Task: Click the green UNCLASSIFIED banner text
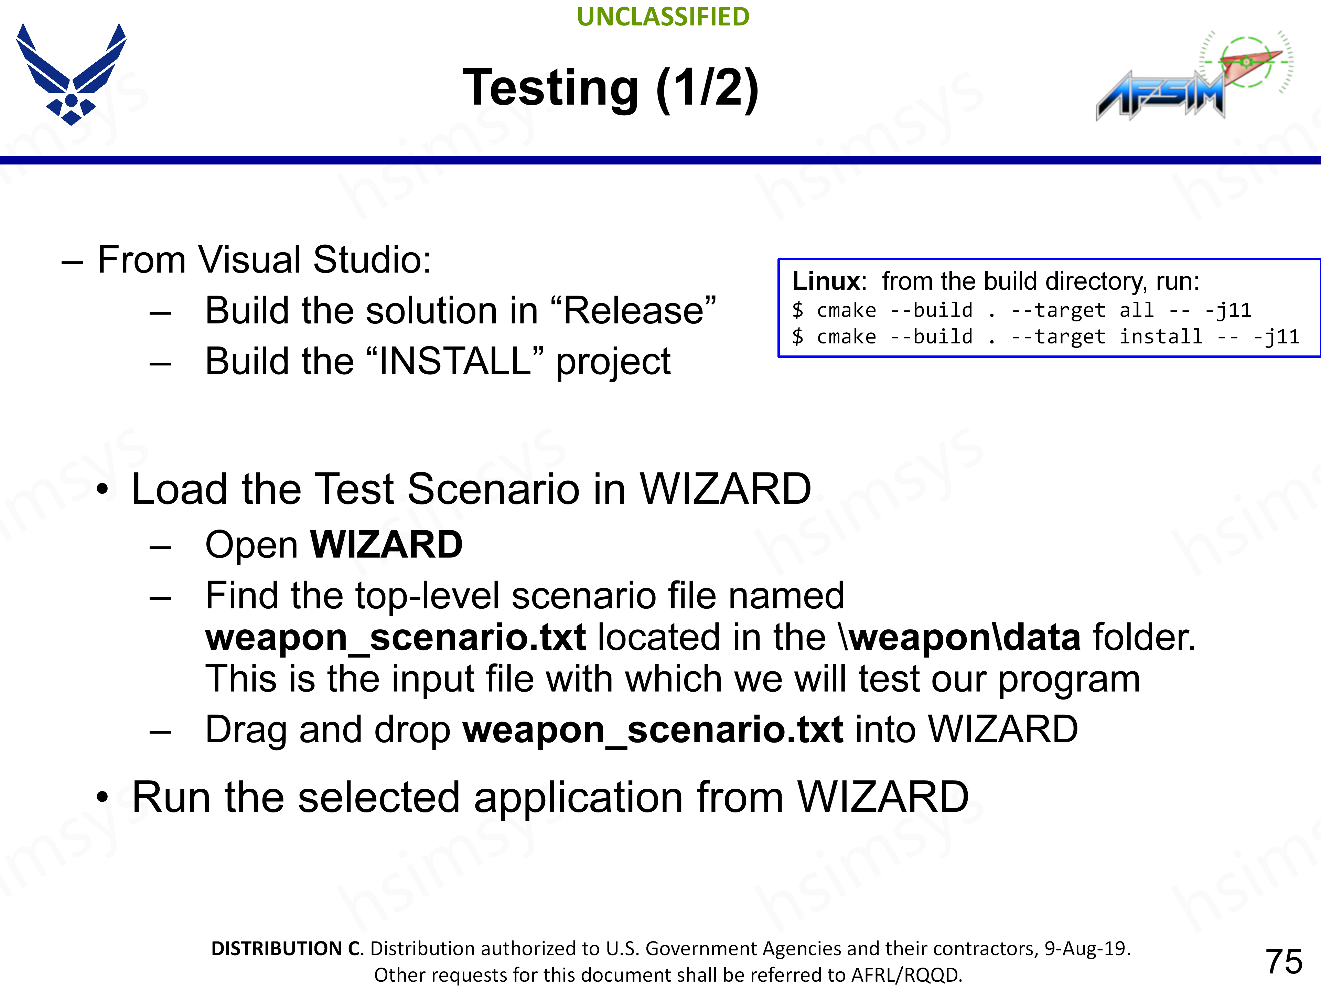coord(663,17)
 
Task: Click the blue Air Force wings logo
coord(71,75)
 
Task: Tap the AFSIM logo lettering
coord(1159,96)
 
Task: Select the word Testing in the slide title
coord(551,88)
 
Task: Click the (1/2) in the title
coord(707,88)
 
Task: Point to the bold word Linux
coord(826,281)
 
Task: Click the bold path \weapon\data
coord(960,637)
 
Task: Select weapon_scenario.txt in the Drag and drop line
coord(653,729)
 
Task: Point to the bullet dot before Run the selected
coord(103,798)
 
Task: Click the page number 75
coord(1284,961)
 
